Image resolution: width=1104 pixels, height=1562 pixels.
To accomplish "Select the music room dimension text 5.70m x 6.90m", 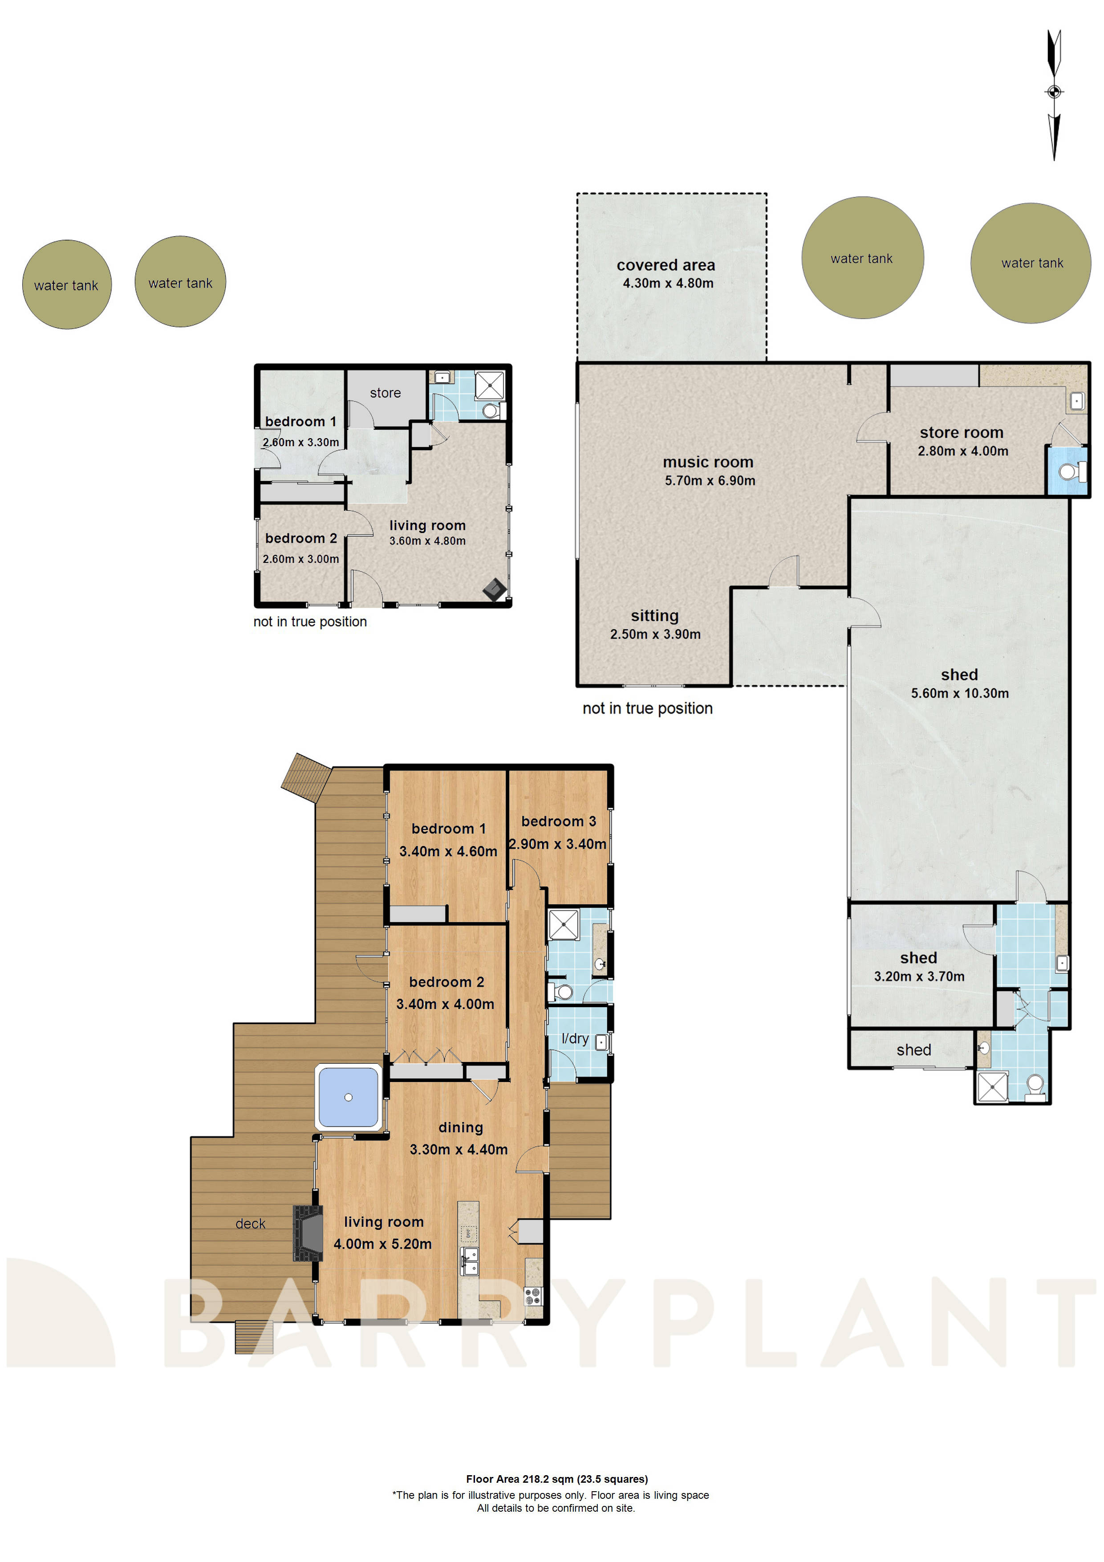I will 710,480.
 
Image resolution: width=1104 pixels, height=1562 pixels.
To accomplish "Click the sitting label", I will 654,616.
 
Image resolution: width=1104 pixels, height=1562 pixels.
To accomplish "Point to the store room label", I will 961,433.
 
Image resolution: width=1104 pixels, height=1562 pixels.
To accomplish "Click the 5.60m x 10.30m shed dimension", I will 959,693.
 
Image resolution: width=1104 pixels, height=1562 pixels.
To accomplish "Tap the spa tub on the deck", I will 348,1097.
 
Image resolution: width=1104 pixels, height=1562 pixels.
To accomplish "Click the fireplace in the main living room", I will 308,1233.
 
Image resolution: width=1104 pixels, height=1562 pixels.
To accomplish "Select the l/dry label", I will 575,1038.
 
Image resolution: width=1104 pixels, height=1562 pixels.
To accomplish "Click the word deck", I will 250,1224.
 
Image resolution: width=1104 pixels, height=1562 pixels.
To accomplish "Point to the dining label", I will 460,1127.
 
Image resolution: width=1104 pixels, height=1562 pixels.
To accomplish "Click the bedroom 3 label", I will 559,821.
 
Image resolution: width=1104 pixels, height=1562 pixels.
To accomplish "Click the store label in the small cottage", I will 385,393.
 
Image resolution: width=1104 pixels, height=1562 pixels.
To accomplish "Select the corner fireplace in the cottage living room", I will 495,589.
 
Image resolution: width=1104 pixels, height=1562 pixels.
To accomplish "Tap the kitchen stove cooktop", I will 532,1296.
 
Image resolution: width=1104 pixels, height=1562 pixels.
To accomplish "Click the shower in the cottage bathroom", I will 489,386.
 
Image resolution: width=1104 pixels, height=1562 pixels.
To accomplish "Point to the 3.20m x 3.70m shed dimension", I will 918,976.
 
